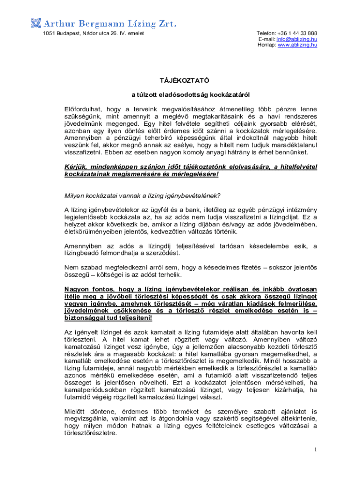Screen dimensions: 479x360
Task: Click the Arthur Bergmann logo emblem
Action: tap(36, 22)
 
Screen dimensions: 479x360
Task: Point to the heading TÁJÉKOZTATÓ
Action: tap(180, 80)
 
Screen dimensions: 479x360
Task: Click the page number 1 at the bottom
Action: tap(316, 450)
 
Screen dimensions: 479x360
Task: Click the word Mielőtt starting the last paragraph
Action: tap(76, 412)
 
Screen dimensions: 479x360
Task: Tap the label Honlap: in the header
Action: tap(267, 45)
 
